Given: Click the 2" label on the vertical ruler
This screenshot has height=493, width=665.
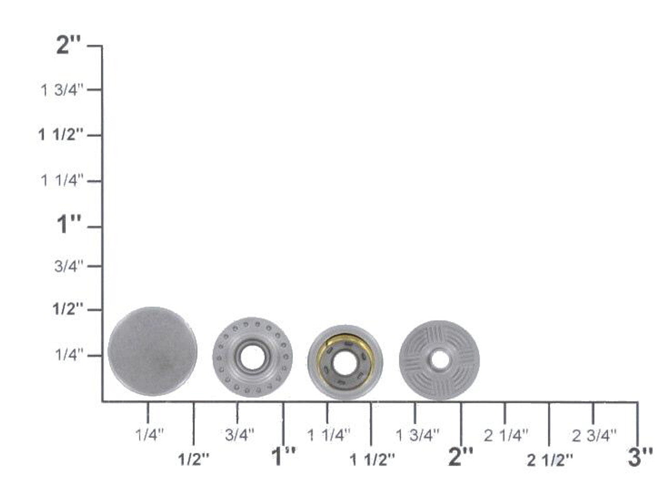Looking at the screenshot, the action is pyautogui.click(x=69, y=46).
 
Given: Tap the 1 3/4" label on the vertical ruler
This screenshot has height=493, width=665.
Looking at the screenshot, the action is pyautogui.click(x=62, y=90).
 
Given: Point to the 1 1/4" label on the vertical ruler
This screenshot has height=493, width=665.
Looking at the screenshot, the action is pyautogui.click(x=62, y=181).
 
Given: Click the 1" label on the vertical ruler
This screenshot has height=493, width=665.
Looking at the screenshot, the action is pyautogui.click(x=69, y=224).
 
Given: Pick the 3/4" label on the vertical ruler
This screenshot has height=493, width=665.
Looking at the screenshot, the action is pyautogui.click(x=69, y=266).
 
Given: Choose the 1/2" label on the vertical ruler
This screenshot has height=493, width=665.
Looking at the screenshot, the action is pyautogui.click(x=68, y=309).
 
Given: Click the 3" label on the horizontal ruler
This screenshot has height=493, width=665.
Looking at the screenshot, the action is pyautogui.click(x=640, y=457).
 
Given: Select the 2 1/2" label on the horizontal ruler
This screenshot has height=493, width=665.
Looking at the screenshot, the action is pyautogui.click(x=550, y=460).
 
